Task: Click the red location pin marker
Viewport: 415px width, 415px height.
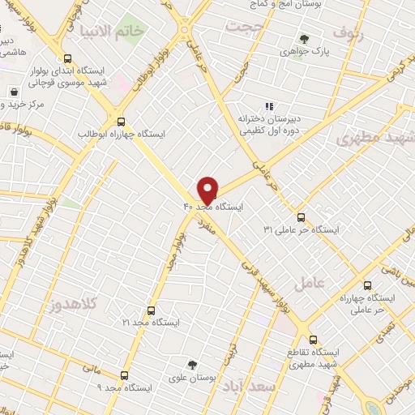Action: [208, 190]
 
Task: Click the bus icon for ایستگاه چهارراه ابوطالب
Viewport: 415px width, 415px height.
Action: [121, 118]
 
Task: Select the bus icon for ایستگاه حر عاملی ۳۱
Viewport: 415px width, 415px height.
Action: [301, 217]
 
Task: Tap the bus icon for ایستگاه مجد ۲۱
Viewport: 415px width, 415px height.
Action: [151, 310]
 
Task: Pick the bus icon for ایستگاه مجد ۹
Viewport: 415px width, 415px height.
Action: [124, 375]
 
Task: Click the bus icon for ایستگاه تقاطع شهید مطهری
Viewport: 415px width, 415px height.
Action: [314, 340]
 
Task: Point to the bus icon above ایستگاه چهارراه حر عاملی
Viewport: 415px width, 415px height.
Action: [367, 285]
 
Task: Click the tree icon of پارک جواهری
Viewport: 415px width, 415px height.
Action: [304, 38]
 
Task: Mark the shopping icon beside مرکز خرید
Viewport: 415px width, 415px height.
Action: [14, 92]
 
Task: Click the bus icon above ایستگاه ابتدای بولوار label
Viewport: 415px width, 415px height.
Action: [68, 58]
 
